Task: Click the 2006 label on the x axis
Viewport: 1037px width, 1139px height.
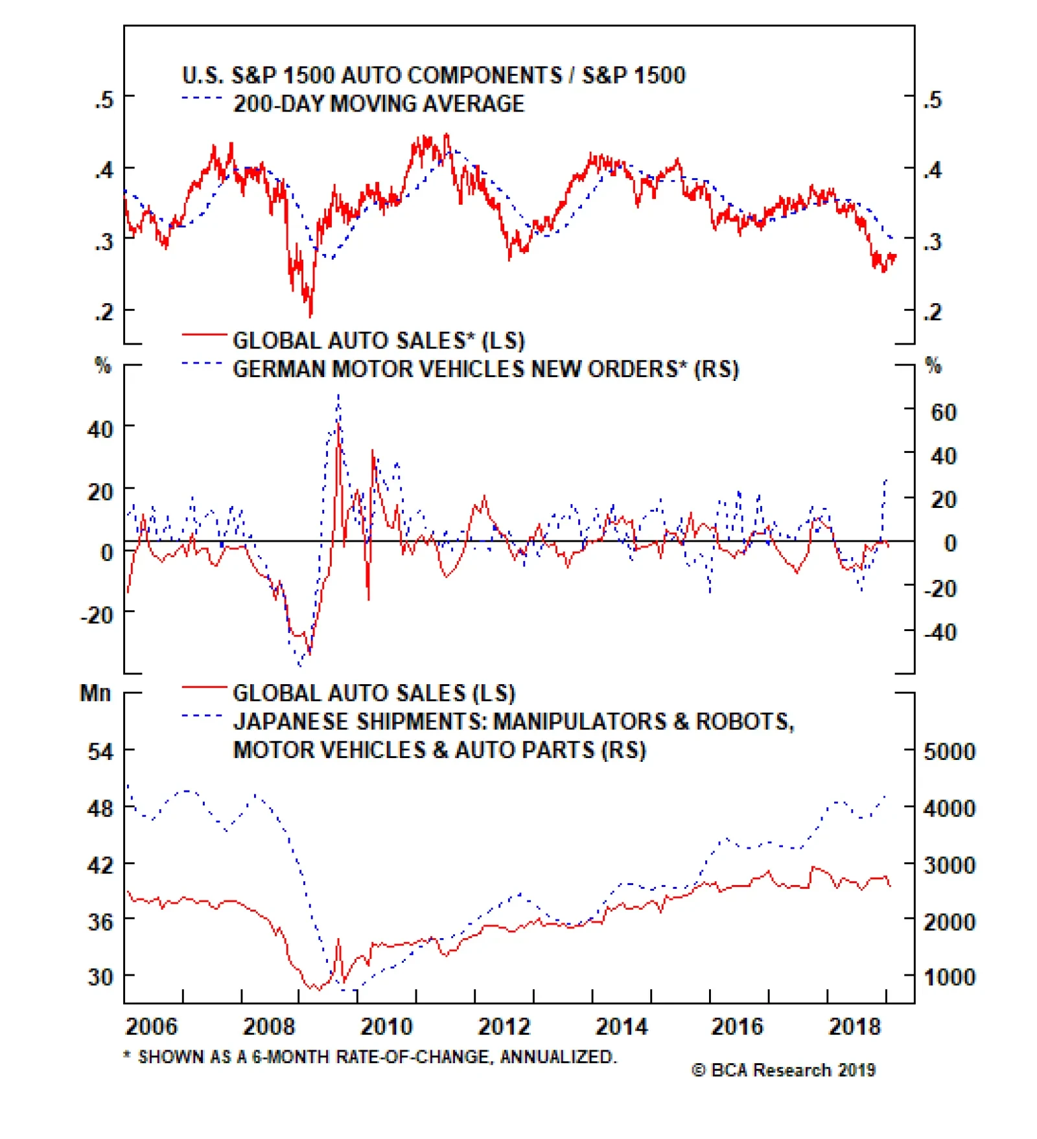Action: pyautogui.click(x=151, y=1027)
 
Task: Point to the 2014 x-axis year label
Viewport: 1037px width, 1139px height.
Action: pyautogui.click(x=621, y=1027)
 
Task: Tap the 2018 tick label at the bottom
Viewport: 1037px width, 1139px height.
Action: pyautogui.click(x=855, y=1027)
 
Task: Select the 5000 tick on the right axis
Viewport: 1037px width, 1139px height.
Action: pyautogui.click(x=949, y=752)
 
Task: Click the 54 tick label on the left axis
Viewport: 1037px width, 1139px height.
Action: pyautogui.click(x=100, y=752)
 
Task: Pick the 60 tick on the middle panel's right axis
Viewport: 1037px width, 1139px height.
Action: pyautogui.click(x=943, y=413)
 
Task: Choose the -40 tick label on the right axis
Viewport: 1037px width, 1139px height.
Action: pyautogui.click(x=940, y=632)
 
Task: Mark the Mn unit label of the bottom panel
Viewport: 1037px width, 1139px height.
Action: pyautogui.click(x=95, y=693)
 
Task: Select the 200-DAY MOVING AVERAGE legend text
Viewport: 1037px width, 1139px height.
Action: pyautogui.click(x=379, y=104)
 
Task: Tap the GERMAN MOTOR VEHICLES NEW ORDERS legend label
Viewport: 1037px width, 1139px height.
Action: pyautogui.click(x=485, y=369)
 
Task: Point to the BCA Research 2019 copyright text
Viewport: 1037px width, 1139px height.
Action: pyautogui.click(x=784, y=1070)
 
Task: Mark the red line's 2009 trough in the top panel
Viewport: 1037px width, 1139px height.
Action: pyautogui.click(x=310, y=316)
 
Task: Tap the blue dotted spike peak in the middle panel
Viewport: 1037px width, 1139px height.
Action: pyautogui.click(x=338, y=395)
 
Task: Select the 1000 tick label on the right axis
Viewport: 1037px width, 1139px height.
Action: pyautogui.click(x=949, y=976)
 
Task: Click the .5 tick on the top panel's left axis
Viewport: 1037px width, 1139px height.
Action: pyautogui.click(x=104, y=100)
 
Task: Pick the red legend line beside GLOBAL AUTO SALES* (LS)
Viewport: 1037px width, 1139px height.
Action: pyautogui.click(x=204, y=334)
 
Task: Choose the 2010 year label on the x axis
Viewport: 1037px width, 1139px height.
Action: pyautogui.click(x=386, y=1027)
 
